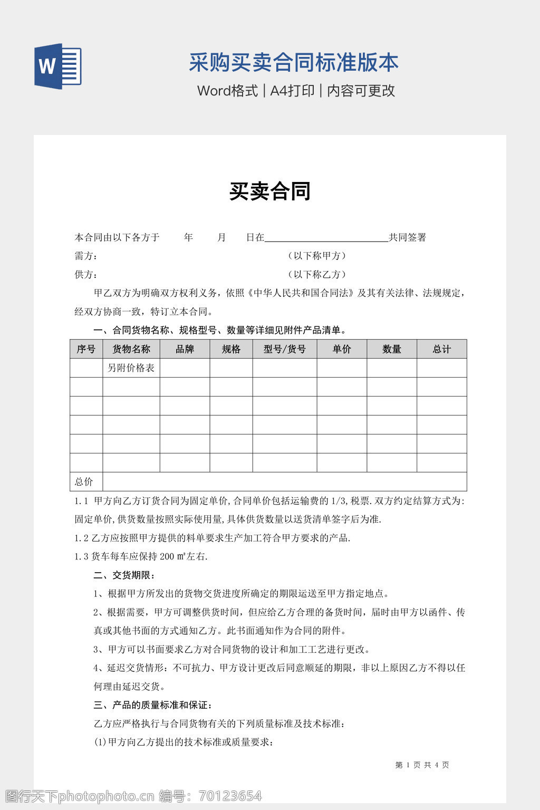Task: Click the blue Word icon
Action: (x=58, y=66)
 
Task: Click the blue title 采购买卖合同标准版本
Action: (x=294, y=63)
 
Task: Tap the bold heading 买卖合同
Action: (x=269, y=191)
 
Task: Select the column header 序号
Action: (x=86, y=349)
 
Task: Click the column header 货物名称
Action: (x=131, y=349)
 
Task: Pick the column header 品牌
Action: (x=185, y=349)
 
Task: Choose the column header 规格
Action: (x=231, y=349)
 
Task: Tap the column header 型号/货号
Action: (x=285, y=349)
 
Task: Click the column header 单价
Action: (x=342, y=349)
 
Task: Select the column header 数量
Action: (x=392, y=349)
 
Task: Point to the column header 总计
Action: (x=442, y=349)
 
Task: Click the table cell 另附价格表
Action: (x=131, y=368)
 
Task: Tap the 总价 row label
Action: (x=84, y=481)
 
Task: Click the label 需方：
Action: (x=86, y=256)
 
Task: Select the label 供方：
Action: (x=86, y=275)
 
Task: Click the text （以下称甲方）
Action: (x=317, y=256)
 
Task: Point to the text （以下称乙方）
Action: (x=317, y=275)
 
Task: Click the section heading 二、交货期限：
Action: (x=124, y=575)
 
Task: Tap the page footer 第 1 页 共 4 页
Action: (x=422, y=765)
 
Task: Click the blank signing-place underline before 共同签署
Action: (x=326, y=238)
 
